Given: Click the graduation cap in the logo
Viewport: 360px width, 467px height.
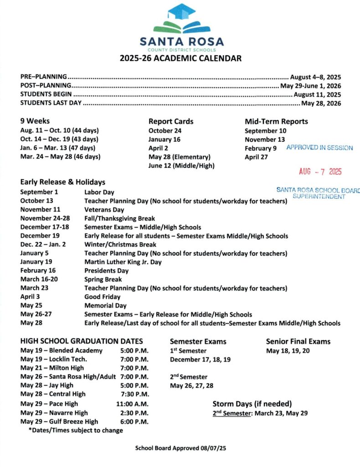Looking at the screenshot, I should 181,11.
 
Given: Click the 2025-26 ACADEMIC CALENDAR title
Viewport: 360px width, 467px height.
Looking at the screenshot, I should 180,58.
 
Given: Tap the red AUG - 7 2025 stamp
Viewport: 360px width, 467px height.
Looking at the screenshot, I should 320,171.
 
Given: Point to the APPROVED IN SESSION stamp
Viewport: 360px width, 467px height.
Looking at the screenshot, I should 319,148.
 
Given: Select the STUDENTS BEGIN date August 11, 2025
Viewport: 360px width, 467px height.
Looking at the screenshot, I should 317,94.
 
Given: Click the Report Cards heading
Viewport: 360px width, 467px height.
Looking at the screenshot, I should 171,121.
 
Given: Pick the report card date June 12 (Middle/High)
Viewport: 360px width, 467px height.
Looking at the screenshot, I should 181,166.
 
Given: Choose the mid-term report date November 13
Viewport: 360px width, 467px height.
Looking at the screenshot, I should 265,140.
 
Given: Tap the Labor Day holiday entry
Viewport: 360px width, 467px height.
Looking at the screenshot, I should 99,192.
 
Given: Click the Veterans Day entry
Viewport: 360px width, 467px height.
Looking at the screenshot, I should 104,210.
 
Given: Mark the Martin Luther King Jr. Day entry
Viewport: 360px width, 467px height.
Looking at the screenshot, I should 123,262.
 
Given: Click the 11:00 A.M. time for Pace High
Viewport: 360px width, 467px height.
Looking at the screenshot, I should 132,404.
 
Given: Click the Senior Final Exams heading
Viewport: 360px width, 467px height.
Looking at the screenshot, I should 298,341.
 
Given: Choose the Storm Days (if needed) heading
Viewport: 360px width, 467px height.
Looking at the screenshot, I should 252,404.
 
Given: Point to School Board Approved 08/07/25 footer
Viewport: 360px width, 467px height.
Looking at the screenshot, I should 180,448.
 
